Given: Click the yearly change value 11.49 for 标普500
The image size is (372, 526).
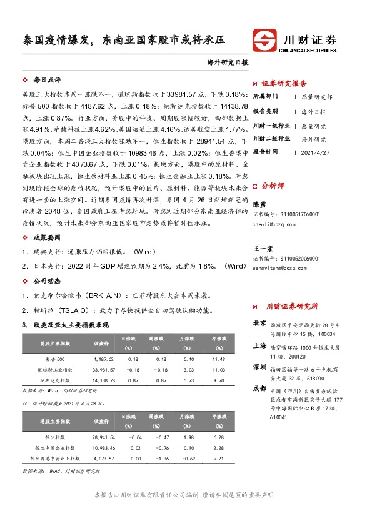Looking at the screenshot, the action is (x=218, y=359).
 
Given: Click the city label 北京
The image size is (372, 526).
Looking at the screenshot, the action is (x=259, y=324).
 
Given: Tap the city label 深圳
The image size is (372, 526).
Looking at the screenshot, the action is (x=259, y=365).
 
